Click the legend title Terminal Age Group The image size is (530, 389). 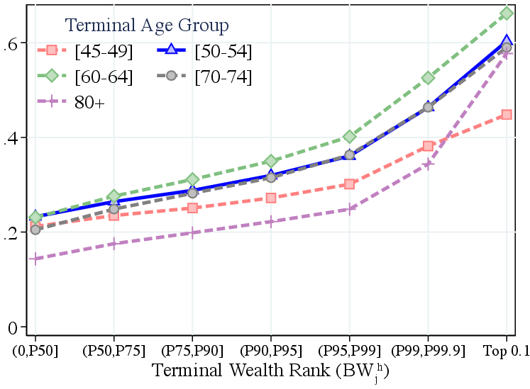[x=147, y=26]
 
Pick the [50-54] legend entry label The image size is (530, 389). [x=223, y=51]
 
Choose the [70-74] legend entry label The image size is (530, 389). [x=223, y=77]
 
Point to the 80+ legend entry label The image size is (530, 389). [x=89, y=102]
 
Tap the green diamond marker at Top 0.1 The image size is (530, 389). [x=507, y=13]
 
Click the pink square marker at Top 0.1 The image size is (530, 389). [x=507, y=114]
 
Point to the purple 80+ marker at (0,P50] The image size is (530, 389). [x=35, y=259]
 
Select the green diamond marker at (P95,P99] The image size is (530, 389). [x=349, y=136]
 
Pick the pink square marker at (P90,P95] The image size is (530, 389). [x=271, y=198]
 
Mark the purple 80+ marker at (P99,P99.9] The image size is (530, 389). [x=428, y=164]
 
